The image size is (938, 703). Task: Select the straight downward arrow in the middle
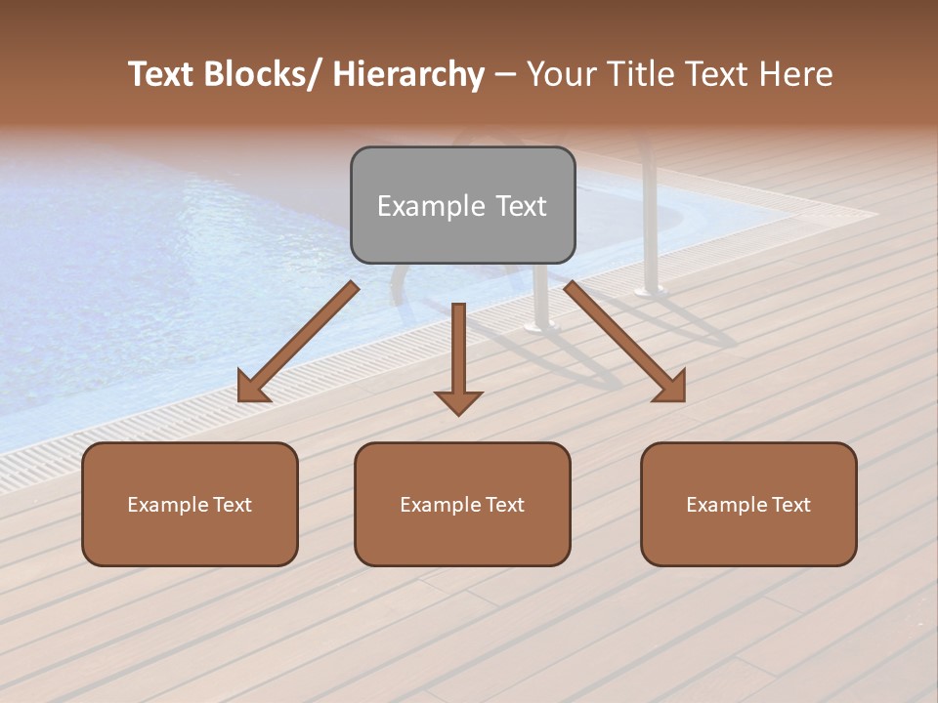458,351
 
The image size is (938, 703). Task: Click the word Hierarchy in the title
408,75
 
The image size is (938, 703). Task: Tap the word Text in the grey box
520,207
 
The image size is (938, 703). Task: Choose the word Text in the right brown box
789,505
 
